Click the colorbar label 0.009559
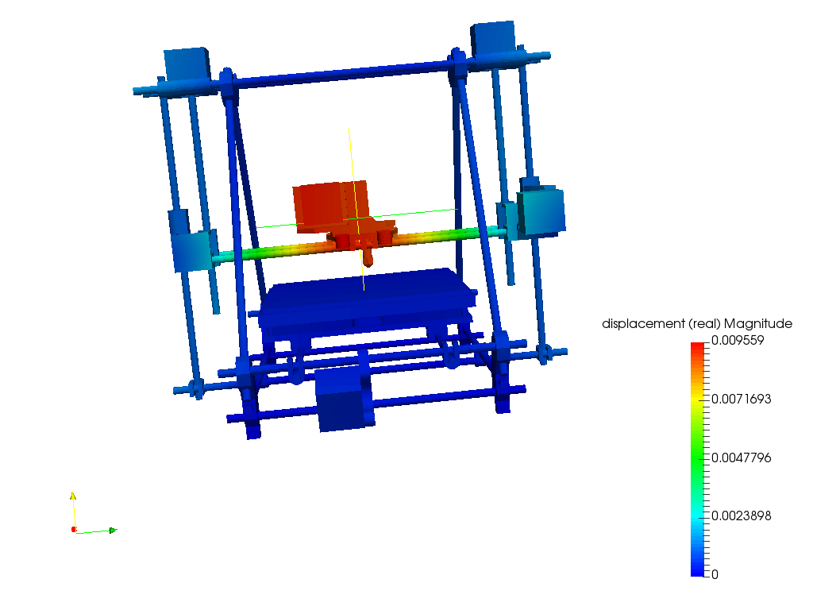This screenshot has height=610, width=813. click(738, 340)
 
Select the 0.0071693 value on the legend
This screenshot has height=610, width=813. click(741, 399)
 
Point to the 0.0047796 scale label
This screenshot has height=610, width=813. click(741, 457)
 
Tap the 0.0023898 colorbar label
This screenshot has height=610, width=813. click(741, 515)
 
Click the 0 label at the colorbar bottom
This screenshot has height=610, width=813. click(715, 574)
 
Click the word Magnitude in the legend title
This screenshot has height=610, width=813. click(758, 324)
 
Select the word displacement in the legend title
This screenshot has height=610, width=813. click(643, 324)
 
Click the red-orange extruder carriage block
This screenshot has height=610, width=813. click(331, 206)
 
